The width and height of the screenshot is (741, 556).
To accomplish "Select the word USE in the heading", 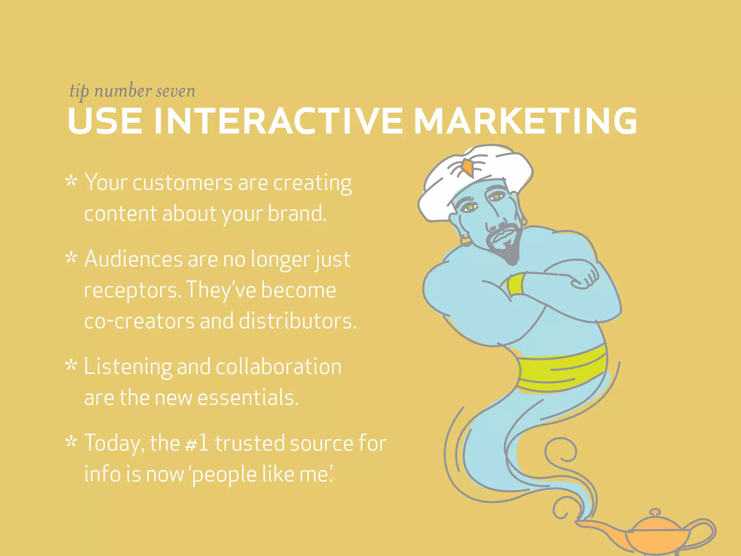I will (x=105, y=121).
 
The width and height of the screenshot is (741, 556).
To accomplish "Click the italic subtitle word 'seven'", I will (x=175, y=91).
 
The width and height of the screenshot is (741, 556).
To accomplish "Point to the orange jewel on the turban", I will (x=467, y=167).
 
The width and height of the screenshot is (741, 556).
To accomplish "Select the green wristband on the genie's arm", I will (x=515, y=285).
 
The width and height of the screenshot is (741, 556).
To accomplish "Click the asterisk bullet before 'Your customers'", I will (x=71, y=181).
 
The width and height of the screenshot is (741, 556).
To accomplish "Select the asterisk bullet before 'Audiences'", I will (x=71, y=258).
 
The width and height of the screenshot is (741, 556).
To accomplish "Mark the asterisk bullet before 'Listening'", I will (x=71, y=366).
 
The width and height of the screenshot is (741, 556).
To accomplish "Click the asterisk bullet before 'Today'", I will (x=71, y=442).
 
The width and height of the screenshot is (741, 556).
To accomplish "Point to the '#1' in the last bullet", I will (x=196, y=443).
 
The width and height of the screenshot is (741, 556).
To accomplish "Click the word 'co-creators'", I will (x=139, y=321).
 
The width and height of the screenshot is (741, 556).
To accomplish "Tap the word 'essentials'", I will (x=248, y=397).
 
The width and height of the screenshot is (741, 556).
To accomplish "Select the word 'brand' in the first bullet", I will (x=297, y=213).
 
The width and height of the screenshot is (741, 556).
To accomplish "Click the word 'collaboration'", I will (x=279, y=366).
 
